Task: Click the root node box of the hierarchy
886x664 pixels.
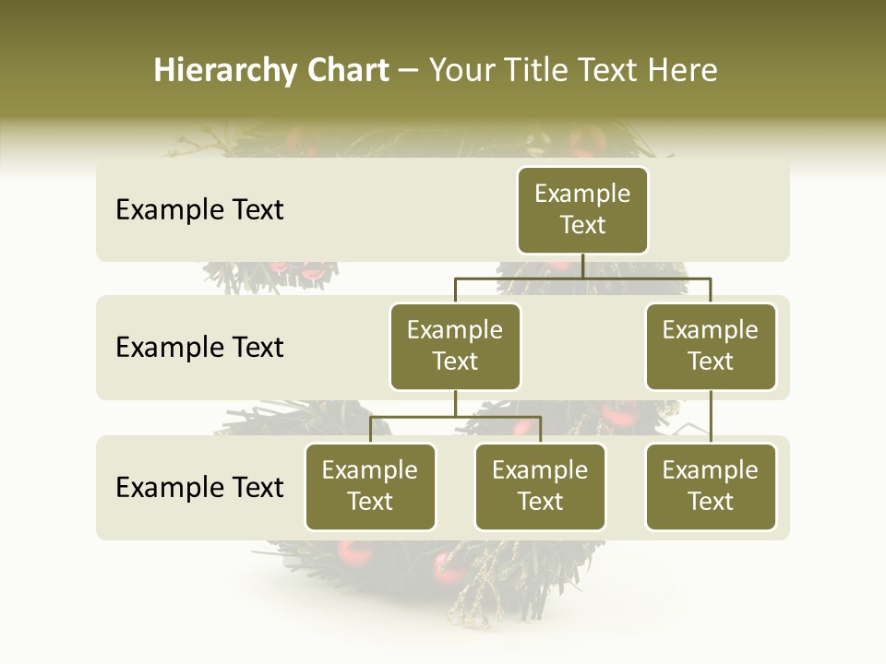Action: click(582, 210)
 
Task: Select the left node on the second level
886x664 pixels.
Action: click(455, 347)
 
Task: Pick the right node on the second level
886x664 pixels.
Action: click(711, 347)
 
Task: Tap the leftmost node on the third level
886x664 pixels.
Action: click(370, 487)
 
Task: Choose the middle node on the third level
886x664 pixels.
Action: click(540, 487)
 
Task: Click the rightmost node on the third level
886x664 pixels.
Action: click(711, 487)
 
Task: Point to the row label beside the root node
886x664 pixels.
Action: click(199, 210)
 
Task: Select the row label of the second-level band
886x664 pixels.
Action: click(199, 348)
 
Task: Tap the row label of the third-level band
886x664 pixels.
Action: click(199, 487)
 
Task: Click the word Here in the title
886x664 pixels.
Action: click(681, 70)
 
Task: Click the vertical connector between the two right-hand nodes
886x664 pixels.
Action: click(711, 417)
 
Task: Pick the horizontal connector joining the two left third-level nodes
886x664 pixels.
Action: click(455, 417)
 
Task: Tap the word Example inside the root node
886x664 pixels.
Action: click(582, 194)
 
